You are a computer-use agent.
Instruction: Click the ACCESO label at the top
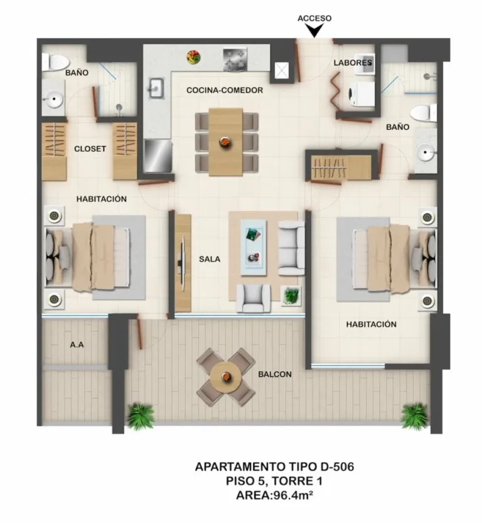click(314, 18)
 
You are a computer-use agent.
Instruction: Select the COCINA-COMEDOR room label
click(224, 90)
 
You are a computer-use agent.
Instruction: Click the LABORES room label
click(353, 63)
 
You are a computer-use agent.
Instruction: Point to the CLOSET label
click(90, 149)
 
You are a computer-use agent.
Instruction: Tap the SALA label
click(210, 258)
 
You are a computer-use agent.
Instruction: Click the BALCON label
click(275, 374)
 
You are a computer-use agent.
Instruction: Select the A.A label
click(77, 344)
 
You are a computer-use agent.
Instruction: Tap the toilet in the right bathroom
click(424, 112)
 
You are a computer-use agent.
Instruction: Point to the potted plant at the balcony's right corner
click(414, 415)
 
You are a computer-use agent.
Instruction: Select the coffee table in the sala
click(255, 245)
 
